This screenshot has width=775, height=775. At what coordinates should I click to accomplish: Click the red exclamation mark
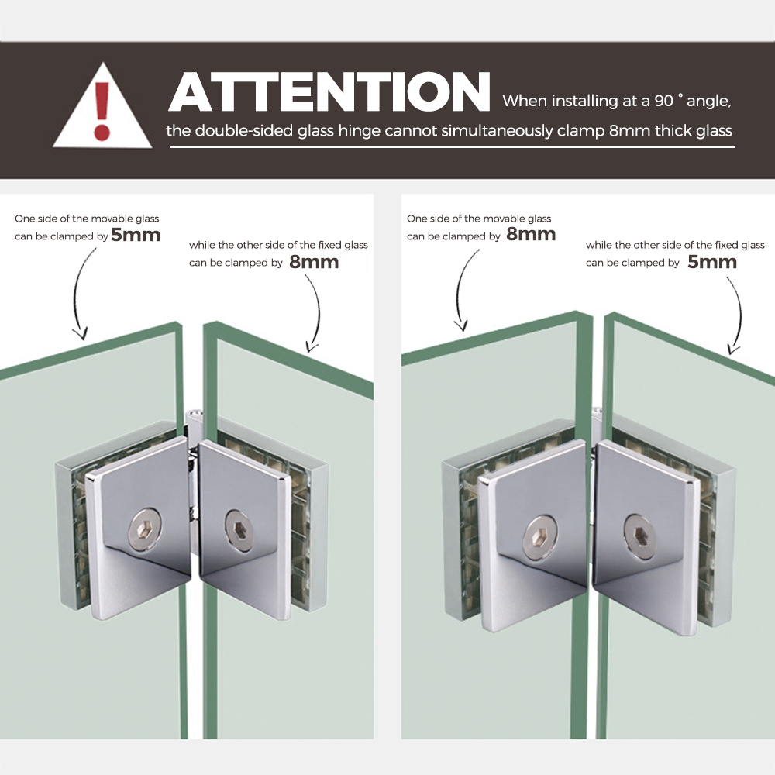(102, 111)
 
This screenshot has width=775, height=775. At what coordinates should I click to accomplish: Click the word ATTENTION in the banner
(329, 92)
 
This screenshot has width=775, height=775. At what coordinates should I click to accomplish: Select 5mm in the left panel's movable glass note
(136, 235)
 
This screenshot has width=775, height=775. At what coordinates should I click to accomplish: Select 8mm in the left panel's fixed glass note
(314, 261)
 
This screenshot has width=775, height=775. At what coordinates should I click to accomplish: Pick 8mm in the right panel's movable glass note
(531, 234)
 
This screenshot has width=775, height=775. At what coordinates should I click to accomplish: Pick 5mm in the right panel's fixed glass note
(712, 261)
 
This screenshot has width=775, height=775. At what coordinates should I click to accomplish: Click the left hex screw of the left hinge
(144, 532)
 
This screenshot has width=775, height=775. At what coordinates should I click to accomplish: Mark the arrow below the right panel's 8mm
(458, 289)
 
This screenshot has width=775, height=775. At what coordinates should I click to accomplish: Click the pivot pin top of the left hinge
(195, 413)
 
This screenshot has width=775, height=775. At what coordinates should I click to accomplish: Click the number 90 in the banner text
(664, 101)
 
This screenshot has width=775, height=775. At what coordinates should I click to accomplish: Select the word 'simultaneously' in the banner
(498, 131)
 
